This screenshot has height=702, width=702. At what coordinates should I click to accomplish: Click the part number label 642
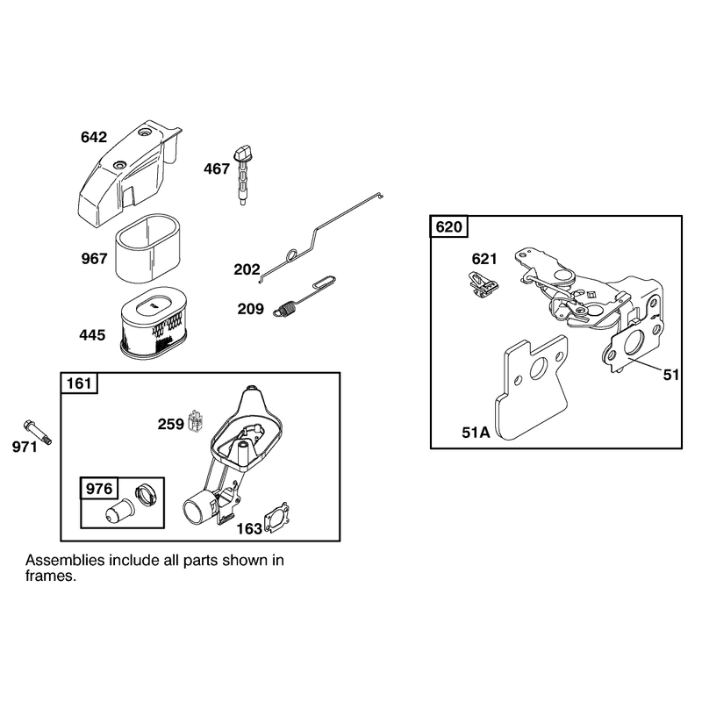coord(94,137)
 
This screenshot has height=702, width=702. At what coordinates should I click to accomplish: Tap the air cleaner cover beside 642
coord(130,175)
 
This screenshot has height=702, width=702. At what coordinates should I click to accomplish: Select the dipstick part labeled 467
coord(241,175)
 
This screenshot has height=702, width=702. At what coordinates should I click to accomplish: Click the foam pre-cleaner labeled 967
coord(148,248)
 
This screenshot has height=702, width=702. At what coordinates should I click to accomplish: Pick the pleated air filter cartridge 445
coord(154,323)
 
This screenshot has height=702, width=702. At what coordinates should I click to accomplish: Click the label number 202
coord(247,269)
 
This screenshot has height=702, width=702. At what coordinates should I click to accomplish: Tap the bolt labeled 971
coord(37,432)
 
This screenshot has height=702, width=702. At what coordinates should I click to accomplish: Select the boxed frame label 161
coord(79,383)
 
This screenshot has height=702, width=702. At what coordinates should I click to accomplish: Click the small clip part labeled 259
coord(195,421)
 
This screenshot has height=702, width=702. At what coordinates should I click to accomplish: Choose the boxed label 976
coord(99,489)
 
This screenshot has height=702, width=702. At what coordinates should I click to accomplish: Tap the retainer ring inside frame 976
coord(146,496)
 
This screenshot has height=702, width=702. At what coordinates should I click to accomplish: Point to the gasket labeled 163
coord(276,518)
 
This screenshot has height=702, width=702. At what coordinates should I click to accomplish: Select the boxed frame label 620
coord(449,226)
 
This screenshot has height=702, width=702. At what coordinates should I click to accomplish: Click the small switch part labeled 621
coord(484,284)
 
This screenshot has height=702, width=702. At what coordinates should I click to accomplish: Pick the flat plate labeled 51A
coord(532,388)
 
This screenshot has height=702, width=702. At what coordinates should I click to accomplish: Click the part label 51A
coord(476,433)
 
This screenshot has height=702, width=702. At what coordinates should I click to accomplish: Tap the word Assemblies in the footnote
coord(65,560)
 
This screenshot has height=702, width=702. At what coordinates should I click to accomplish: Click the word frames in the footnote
coord(51,576)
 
